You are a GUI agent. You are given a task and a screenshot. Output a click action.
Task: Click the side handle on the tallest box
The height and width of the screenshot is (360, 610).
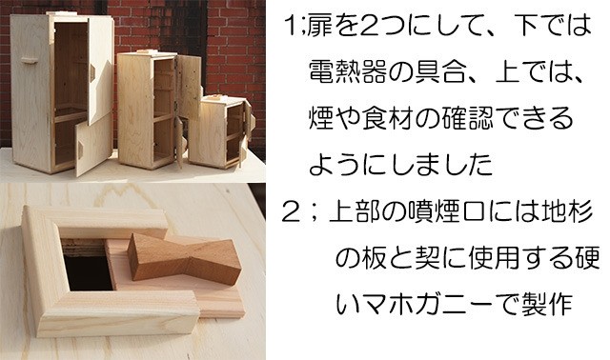coord(29,60)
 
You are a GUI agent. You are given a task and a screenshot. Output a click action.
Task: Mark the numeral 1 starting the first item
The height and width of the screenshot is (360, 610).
coord(291,27)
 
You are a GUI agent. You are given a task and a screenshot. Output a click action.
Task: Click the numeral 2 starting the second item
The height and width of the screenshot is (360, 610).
coord(291,213)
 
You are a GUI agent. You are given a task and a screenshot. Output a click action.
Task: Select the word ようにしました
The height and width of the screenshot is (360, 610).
coord(400,165)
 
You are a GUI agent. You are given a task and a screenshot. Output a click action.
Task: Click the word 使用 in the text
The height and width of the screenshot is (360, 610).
coord(495,258)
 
